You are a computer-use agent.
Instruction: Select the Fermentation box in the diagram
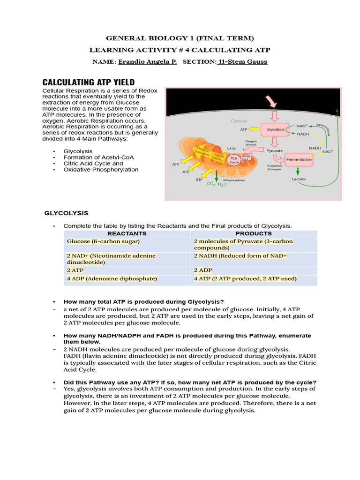click(x=299, y=159)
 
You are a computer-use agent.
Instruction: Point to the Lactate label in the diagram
click(x=299, y=179)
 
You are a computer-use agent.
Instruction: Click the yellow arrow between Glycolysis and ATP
click(x=255, y=129)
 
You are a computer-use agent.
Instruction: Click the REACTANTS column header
click(x=127, y=233)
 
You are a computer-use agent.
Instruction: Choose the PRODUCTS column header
click(x=254, y=233)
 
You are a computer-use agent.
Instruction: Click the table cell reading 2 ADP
click(x=202, y=270)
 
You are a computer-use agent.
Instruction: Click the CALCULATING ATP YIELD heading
click(x=89, y=82)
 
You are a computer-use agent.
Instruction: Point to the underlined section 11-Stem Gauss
click(x=242, y=62)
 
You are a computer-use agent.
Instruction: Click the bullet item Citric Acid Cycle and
click(x=93, y=164)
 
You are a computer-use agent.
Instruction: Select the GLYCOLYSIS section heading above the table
click(x=66, y=213)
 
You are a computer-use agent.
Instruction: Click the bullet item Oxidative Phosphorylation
click(x=101, y=170)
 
